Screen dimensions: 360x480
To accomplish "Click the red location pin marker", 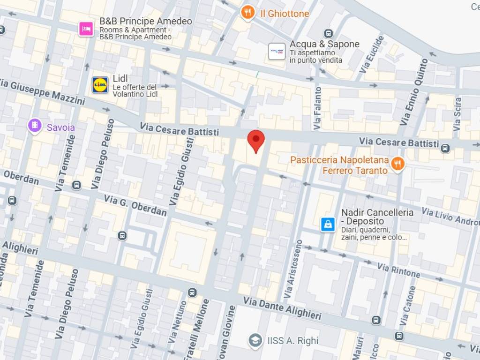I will [x=256, y=140].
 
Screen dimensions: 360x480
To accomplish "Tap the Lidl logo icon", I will [x=100, y=85].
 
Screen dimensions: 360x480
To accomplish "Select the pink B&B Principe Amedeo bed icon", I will [x=86, y=29].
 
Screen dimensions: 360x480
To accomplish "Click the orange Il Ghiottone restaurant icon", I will [x=247, y=13].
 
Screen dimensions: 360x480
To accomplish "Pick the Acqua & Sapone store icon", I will [x=277, y=52].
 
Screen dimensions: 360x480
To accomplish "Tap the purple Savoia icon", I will [x=35, y=126].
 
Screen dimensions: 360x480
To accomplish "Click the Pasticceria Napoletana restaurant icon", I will [x=397, y=164].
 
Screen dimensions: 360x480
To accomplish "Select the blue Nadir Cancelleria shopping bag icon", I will [x=328, y=224].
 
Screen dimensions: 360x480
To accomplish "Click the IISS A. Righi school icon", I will [x=255, y=340].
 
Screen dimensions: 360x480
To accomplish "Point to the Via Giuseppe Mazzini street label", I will [x=42, y=92].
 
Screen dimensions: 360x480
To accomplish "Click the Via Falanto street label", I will [x=318, y=108].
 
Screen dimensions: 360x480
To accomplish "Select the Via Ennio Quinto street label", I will [x=414, y=92].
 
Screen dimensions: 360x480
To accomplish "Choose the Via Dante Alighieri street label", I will [x=282, y=308].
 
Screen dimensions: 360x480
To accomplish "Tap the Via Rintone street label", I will [x=399, y=270].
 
